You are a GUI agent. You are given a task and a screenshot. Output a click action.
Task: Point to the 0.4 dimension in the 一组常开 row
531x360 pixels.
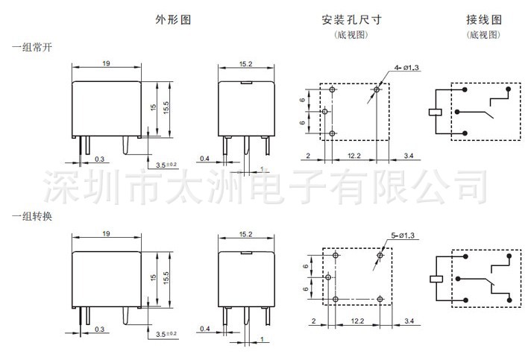tap(206, 157)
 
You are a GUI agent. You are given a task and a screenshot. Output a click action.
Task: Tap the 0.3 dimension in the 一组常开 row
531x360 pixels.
tap(100, 158)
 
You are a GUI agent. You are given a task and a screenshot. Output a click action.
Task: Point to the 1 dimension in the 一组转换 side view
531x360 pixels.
tap(263, 340)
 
